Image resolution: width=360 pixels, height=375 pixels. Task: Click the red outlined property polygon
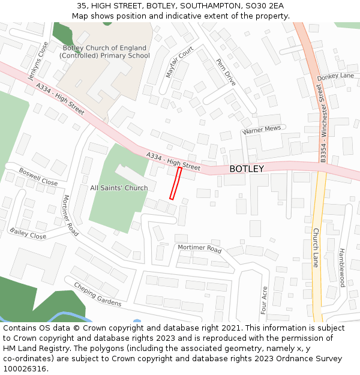[x=175, y=183]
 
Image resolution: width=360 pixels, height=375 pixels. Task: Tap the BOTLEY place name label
[x=246, y=169]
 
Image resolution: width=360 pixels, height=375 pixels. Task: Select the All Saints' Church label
[x=119, y=188]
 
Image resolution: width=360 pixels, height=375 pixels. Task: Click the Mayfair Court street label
[x=179, y=62]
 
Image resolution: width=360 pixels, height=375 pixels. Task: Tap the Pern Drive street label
[x=226, y=71]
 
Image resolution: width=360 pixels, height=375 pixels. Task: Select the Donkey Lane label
[x=336, y=76]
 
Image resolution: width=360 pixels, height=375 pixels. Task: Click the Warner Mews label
[x=262, y=130]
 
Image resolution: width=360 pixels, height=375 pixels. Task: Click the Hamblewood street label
[x=342, y=267]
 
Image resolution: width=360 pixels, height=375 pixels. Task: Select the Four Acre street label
[x=264, y=300]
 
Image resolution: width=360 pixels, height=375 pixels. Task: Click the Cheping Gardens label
[x=97, y=294]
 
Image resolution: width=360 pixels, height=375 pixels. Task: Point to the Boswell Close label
[x=38, y=176]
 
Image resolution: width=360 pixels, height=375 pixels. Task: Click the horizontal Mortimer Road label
[x=199, y=248]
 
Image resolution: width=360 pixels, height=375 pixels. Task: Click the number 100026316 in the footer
[x=25, y=368]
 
